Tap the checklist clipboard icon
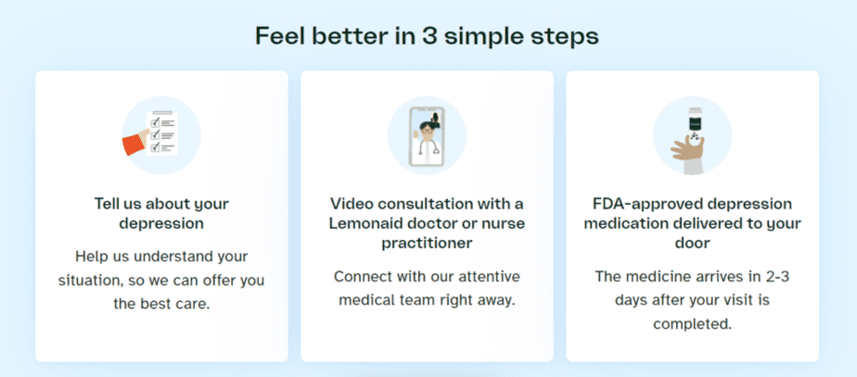[161, 133]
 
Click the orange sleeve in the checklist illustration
[134, 143]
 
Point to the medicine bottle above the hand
[694, 123]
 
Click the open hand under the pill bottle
[687, 148]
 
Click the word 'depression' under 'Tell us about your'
[161, 223]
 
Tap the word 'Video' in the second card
[351, 204]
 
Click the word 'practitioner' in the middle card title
[427, 243]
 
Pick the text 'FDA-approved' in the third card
[639, 204]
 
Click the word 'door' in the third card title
[693, 243]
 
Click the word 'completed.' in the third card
[693, 323]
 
